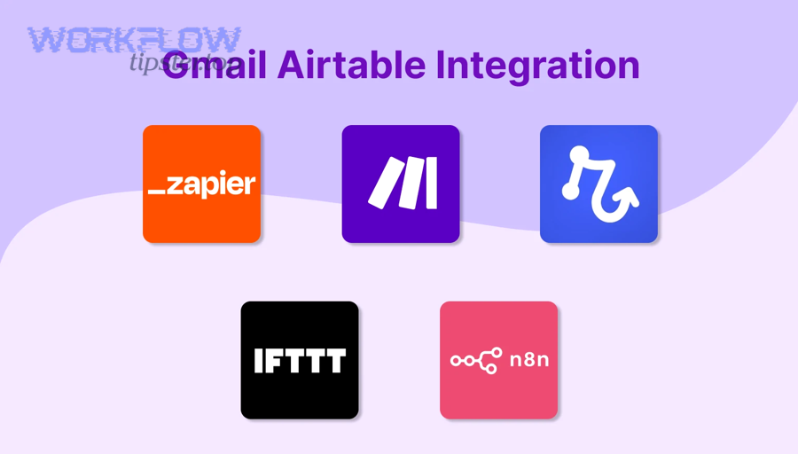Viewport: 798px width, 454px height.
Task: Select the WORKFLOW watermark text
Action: pos(134,40)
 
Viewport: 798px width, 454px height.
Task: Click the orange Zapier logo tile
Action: pos(201,184)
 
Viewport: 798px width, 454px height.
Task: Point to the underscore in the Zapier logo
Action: pos(156,192)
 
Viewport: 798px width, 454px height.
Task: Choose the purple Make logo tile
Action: pos(401,184)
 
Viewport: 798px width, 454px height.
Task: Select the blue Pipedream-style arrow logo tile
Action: pos(598,184)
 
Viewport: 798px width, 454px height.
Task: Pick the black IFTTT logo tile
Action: pos(300,360)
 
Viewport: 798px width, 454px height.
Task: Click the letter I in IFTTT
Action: pos(258,361)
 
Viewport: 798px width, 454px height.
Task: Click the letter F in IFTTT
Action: pos(272,361)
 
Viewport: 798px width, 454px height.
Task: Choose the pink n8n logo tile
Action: pos(498,360)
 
